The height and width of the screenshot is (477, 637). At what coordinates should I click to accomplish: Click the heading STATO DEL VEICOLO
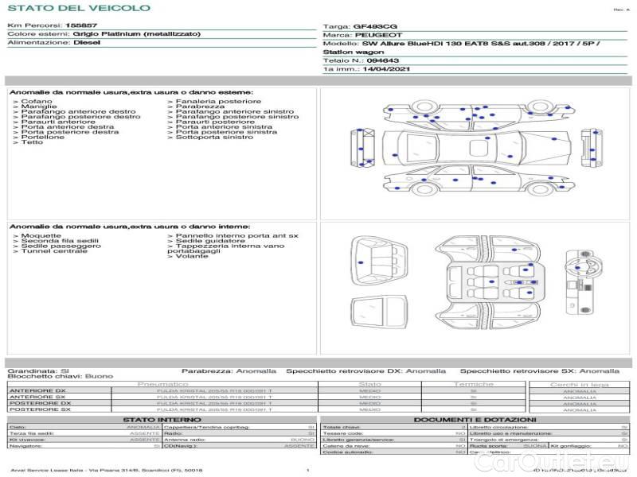click(x=78, y=8)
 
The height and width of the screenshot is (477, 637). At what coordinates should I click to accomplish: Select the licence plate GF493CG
click(x=372, y=26)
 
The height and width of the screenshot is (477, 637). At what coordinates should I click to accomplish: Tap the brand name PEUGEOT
click(x=378, y=35)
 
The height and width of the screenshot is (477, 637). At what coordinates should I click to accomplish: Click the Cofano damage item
click(x=37, y=102)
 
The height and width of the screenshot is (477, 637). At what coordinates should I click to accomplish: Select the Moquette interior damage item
click(x=41, y=236)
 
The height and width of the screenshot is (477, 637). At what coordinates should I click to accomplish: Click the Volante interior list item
click(x=192, y=256)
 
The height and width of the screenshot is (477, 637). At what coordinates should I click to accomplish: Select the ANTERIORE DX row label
click(x=37, y=390)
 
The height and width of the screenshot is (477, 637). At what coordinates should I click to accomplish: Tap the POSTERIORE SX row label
click(x=39, y=409)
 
